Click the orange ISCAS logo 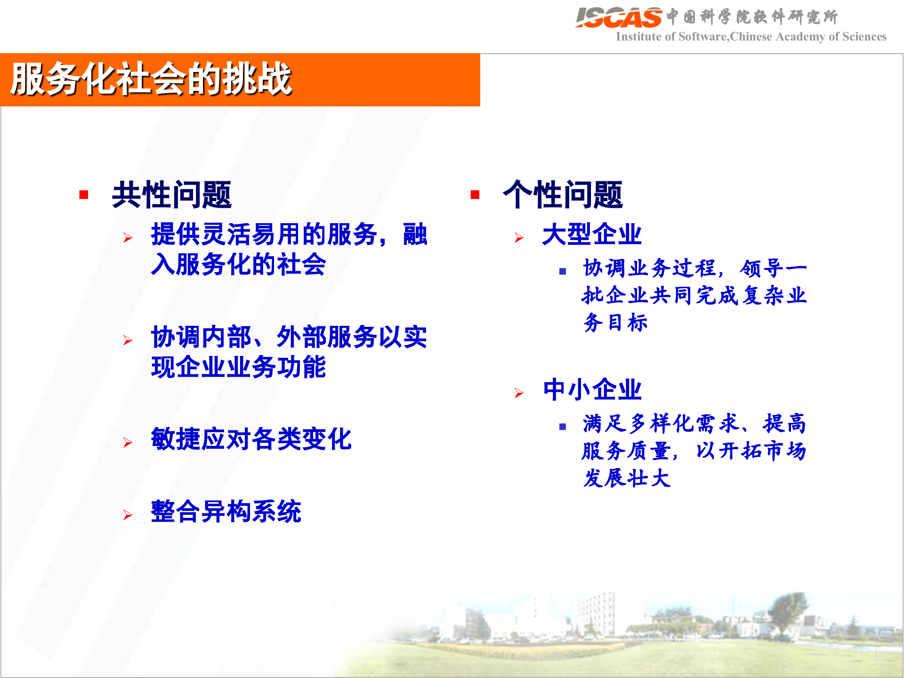[x=618, y=17]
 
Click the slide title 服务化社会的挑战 [x=151, y=79]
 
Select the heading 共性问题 [x=172, y=194]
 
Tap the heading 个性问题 [x=563, y=194]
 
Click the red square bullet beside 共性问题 [x=84, y=194]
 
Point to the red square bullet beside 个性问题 [x=475, y=194]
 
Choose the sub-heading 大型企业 [x=592, y=234]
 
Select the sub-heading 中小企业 [x=592, y=390]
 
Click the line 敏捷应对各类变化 [x=251, y=439]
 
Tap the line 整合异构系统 [x=226, y=511]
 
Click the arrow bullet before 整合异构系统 [x=128, y=515]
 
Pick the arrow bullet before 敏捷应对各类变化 [x=128, y=443]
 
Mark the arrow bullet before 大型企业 [x=519, y=238]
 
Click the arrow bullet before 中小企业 [x=519, y=393]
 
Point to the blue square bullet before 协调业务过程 [x=562, y=271]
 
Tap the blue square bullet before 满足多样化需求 [x=562, y=427]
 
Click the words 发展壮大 [x=626, y=478]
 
